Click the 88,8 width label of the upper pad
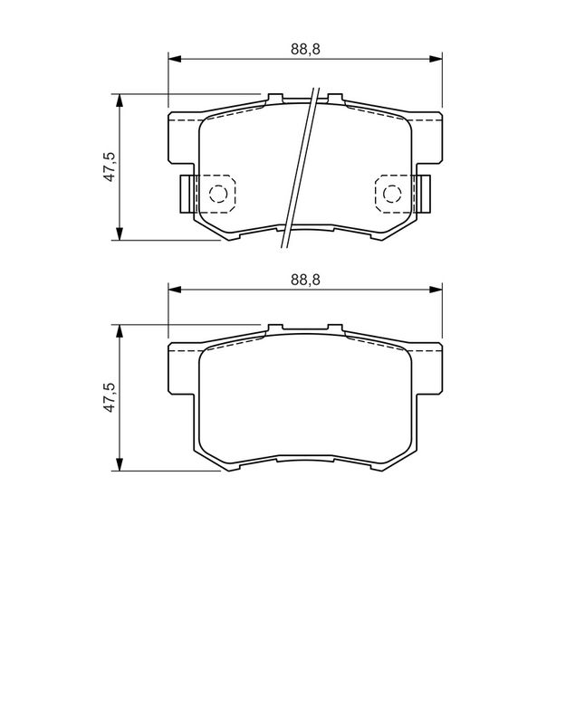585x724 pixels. coord(305,49)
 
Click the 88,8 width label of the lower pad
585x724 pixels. coord(305,280)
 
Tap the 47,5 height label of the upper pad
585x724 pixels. coord(110,167)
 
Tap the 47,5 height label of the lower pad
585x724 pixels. coord(110,397)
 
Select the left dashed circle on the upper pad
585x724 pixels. coord(218,194)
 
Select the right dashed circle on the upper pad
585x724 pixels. coord(392,194)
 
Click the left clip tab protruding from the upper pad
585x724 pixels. coord(187,194)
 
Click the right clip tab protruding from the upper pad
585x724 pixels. coord(423,194)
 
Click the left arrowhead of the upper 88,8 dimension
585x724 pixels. coord(174,59)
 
